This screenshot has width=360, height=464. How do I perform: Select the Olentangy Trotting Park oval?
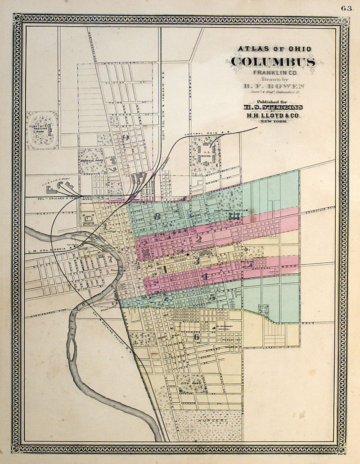tap(42, 130)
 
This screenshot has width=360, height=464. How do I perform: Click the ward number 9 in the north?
tap(126, 138)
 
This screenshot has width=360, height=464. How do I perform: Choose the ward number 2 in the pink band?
tap(198, 239)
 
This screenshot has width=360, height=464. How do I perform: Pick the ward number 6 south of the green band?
tap(196, 337)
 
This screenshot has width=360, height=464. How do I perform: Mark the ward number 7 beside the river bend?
tap(108, 259)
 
